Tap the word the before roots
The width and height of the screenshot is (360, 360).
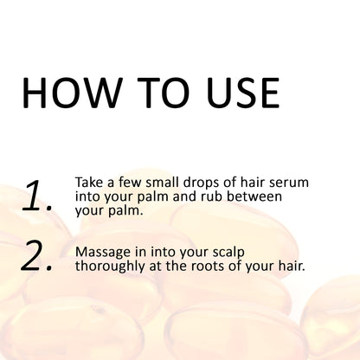point(180,266)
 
